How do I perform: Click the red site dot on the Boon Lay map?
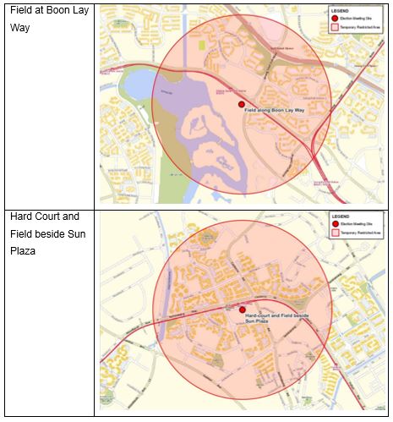[241, 104]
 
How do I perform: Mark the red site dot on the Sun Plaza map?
[243, 310]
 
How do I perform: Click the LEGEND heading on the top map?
[341, 10]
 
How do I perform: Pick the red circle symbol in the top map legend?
[335, 18]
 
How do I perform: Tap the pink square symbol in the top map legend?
[335, 26]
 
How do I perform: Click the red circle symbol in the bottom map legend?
[335, 224]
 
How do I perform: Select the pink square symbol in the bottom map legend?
[335, 233]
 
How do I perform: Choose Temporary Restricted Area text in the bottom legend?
[361, 233]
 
